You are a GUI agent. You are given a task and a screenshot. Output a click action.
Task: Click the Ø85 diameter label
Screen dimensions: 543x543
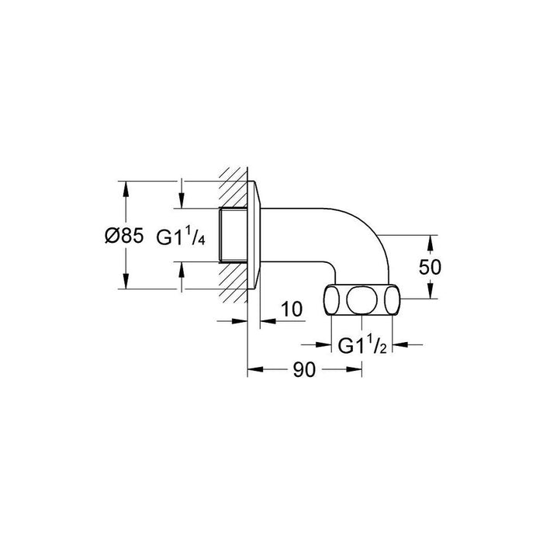(123, 237)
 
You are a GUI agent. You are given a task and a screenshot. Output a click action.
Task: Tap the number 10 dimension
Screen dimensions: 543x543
(290, 310)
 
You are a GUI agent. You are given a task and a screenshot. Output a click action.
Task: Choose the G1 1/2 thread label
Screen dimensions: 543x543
(361, 347)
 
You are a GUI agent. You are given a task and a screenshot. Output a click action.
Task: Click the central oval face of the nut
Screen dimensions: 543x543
(362, 300)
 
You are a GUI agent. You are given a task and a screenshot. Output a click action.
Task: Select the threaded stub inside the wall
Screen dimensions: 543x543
(233, 236)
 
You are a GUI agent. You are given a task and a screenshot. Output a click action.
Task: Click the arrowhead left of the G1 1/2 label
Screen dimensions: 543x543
(327, 345)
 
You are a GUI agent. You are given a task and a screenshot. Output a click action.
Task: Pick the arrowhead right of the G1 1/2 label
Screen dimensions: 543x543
(397, 345)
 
